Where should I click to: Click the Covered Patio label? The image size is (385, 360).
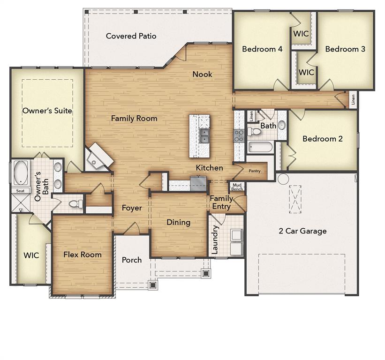click(x=131, y=36)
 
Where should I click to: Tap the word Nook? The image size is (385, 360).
click(x=202, y=74)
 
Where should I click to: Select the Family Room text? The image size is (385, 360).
click(x=134, y=119)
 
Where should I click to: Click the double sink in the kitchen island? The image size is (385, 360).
click(x=205, y=136)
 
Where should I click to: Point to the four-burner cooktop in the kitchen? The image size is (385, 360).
click(x=239, y=135)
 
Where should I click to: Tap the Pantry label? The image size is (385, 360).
click(x=255, y=171)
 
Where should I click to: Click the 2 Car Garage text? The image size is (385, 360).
click(x=302, y=231)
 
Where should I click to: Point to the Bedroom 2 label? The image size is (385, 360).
click(x=323, y=139)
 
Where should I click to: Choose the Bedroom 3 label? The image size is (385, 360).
click(x=345, y=49)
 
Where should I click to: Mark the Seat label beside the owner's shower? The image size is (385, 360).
click(x=20, y=191)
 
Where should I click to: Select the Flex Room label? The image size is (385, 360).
click(x=83, y=255)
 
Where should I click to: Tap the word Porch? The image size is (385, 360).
click(x=132, y=260)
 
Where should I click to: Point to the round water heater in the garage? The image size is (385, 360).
click(x=283, y=179)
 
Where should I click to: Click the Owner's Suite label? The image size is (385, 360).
click(x=47, y=111)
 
